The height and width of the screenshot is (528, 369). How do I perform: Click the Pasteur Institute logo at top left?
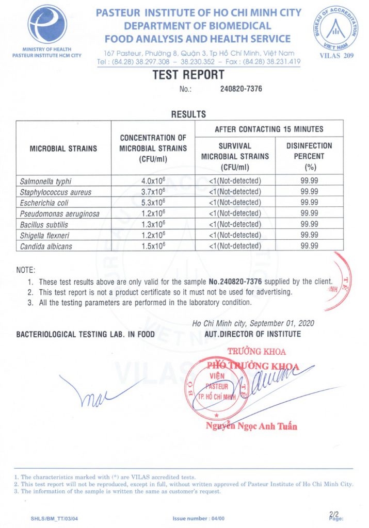tap(47, 24)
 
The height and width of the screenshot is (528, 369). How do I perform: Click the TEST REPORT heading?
tap(188, 75)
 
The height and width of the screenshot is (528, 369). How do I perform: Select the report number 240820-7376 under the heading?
tap(241, 89)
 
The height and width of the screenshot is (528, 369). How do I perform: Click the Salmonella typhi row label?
tap(46, 181)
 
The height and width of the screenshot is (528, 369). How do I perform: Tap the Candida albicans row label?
tap(46, 246)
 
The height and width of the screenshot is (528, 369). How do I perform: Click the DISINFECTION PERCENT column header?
tap(309, 156)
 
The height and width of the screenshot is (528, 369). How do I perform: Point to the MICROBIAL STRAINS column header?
tap(63, 148)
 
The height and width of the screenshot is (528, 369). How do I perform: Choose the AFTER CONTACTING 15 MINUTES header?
tap(269, 129)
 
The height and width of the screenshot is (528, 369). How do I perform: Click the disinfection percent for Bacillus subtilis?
tap(309, 224)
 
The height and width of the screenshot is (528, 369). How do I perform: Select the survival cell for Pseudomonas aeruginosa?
tap(235, 213)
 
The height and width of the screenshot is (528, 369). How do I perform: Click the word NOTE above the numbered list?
tap(26, 270)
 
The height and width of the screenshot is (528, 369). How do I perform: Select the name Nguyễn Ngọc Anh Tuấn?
tap(251, 426)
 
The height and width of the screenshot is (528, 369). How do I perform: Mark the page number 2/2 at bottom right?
tap(334, 514)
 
